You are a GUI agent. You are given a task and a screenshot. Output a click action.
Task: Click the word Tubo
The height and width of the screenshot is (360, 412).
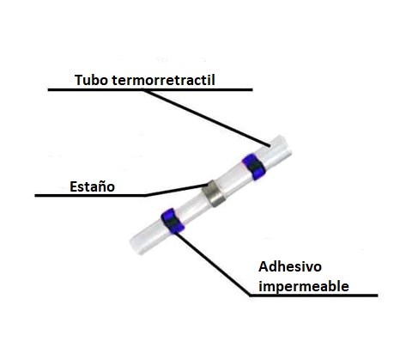[x=91, y=80]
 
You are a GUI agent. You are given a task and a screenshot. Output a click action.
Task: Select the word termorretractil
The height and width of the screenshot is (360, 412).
[x=163, y=80]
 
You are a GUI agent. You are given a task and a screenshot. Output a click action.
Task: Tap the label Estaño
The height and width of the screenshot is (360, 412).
[x=93, y=186]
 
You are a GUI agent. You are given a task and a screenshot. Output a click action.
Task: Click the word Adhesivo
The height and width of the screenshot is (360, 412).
[x=290, y=267]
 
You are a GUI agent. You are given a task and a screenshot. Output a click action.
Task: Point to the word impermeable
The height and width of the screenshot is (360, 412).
[x=304, y=286]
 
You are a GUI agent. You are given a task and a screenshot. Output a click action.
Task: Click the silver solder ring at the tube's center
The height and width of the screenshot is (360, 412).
[x=214, y=193]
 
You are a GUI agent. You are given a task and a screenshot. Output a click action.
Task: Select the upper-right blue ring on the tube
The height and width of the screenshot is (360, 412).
[x=253, y=167]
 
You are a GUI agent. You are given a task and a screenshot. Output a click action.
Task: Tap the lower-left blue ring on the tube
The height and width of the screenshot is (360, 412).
[x=173, y=221]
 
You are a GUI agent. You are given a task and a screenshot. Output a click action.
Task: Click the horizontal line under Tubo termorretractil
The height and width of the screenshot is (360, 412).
[x=150, y=89]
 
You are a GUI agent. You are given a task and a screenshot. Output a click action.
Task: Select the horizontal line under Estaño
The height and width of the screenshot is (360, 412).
[x=90, y=196]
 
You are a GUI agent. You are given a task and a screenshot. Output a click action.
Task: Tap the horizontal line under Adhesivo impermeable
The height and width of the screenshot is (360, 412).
[x=313, y=296]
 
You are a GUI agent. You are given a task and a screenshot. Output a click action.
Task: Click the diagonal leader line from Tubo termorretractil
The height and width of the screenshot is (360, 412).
[x=206, y=119]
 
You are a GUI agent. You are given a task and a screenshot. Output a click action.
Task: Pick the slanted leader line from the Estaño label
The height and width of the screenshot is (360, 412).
[x=177, y=190]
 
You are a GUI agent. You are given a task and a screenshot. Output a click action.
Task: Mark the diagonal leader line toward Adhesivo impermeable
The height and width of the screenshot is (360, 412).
[x=213, y=265]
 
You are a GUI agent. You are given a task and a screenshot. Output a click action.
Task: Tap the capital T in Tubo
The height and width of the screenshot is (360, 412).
[x=79, y=80]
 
